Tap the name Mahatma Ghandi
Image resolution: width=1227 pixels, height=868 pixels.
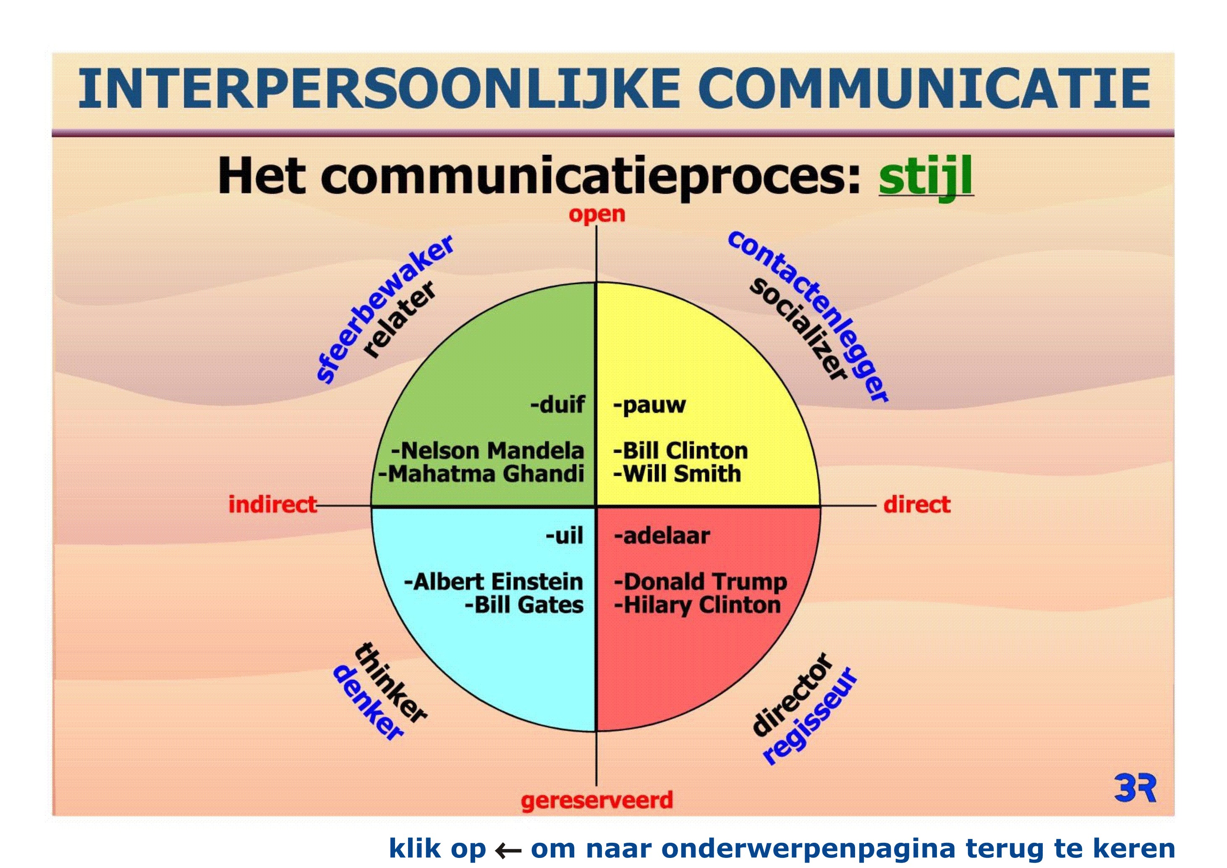click(x=486, y=474)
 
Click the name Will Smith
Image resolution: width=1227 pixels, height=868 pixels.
click(x=682, y=474)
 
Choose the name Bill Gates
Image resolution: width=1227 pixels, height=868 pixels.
click(x=528, y=605)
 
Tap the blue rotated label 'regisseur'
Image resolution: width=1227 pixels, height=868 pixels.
click(x=810, y=715)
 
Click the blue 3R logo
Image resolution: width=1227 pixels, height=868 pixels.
click(x=1135, y=787)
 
